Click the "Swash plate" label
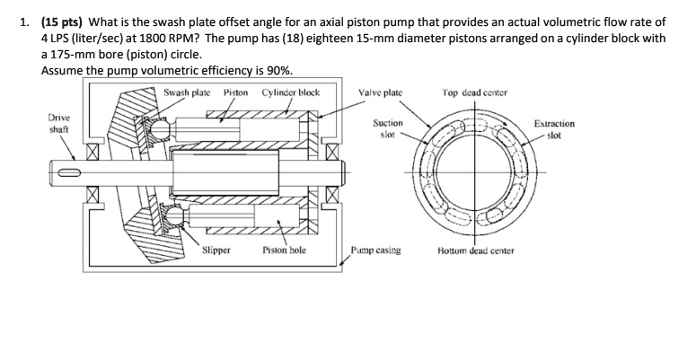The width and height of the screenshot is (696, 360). (188, 92)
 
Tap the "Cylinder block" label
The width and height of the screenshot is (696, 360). (290, 92)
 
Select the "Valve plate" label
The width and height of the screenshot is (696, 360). (380, 92)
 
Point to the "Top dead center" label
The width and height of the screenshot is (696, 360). (476, 92)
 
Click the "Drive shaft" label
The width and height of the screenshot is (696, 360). (60, 124)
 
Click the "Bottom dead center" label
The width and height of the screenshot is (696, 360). (476, 251)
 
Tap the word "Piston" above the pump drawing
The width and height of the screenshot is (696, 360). (235, 92)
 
